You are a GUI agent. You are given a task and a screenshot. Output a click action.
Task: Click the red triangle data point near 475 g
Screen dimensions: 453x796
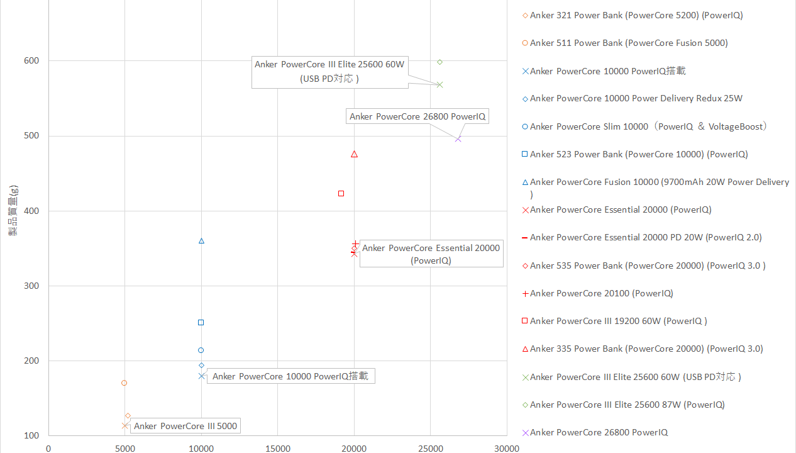coord(354,154)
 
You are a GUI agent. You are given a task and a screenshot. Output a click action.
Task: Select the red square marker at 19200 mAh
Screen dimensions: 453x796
coord(341,194)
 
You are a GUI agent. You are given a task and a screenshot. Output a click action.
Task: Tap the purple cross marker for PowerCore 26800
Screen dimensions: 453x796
coord(458,139)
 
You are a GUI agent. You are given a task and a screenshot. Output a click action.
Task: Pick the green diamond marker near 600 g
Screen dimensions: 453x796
coord(439,62)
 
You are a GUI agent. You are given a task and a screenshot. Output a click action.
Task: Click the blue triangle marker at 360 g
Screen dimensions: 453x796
coord(201,241)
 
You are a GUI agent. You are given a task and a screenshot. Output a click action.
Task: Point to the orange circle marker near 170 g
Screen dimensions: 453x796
coord(124,383)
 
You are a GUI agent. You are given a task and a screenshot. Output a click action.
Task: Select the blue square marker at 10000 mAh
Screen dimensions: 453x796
coord(201,323)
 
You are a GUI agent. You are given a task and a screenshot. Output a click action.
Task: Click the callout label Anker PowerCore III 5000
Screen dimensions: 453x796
coord(185,426)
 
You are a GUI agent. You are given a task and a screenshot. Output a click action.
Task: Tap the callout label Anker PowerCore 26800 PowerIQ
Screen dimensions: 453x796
coord(417,116)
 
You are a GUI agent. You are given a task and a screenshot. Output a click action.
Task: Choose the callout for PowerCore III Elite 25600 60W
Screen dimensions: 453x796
coord(329,71)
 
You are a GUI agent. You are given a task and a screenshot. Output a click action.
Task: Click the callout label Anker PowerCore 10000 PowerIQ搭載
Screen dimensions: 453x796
coord(290,376)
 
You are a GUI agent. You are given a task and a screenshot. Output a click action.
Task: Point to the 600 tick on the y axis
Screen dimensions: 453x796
coord(31,61)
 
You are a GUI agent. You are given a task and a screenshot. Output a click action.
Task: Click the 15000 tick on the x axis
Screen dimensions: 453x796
coord(277,449)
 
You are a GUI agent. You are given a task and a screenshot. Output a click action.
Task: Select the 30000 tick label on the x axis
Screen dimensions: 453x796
coord(506,449)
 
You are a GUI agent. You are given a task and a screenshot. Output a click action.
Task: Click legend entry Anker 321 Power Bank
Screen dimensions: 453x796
coord(636,15)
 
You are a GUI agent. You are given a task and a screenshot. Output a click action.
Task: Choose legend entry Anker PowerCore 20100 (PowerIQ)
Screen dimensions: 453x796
coord(601,293)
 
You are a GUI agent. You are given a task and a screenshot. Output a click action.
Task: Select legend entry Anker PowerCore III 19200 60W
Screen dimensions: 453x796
coord(618,321)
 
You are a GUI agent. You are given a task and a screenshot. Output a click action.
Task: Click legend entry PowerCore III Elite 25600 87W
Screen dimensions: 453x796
coord(627,405)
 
